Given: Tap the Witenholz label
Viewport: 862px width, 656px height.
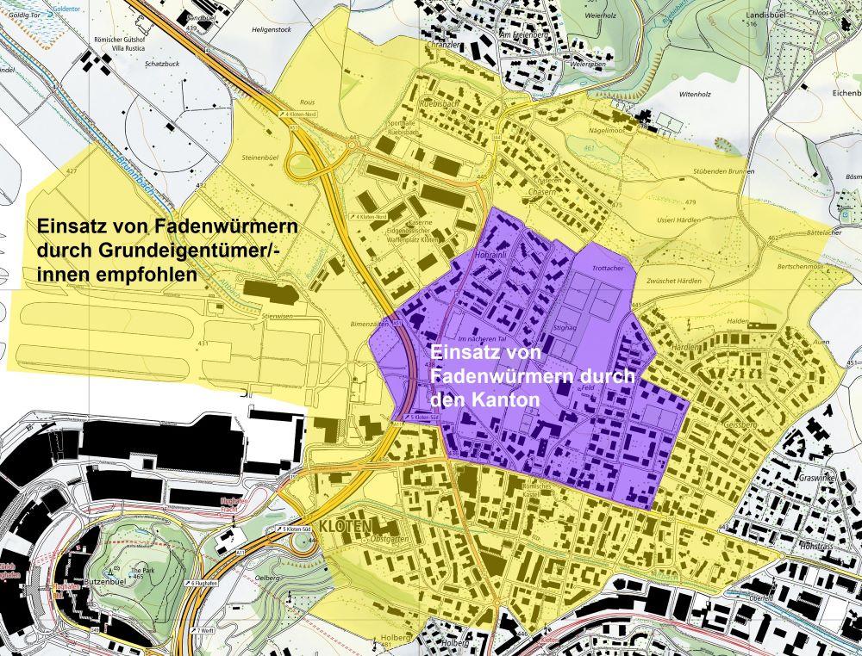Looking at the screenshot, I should [675, 95].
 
